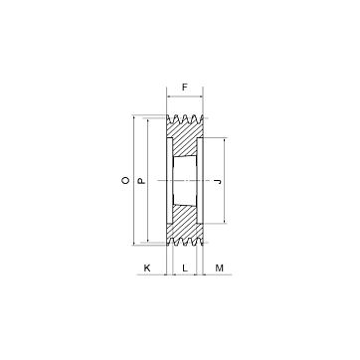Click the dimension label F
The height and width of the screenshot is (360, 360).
click(x=185, y=88)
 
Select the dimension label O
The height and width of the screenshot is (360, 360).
click(x=125, y=180)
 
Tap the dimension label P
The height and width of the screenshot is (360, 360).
click(x=141, y=181)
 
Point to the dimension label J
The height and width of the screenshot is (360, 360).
click(x=217, y=181)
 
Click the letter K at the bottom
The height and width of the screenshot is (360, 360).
click(x=147, y=268)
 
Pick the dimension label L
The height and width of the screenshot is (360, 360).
click(x=185, y=268)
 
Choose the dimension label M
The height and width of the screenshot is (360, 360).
click(x=220, y=268)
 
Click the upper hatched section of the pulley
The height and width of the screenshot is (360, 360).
click(x=184, y=139)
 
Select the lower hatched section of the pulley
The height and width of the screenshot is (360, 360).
click(x=184, y=222)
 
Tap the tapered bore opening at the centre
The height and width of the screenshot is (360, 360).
click(x=185, y=181)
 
